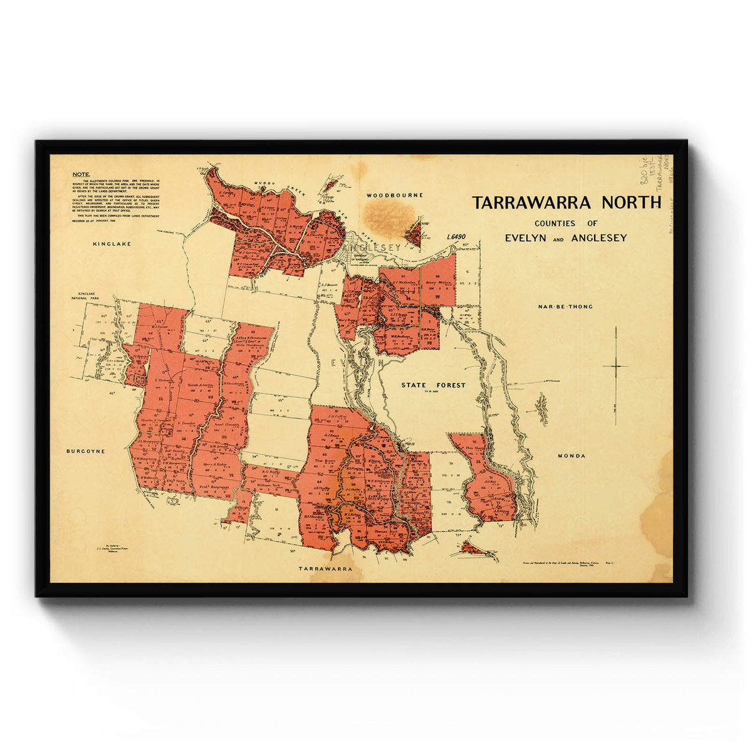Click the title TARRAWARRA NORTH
567,203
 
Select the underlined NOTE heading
81,174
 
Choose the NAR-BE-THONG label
565,307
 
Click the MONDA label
572,456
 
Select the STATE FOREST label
434,385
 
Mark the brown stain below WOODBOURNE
389,217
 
